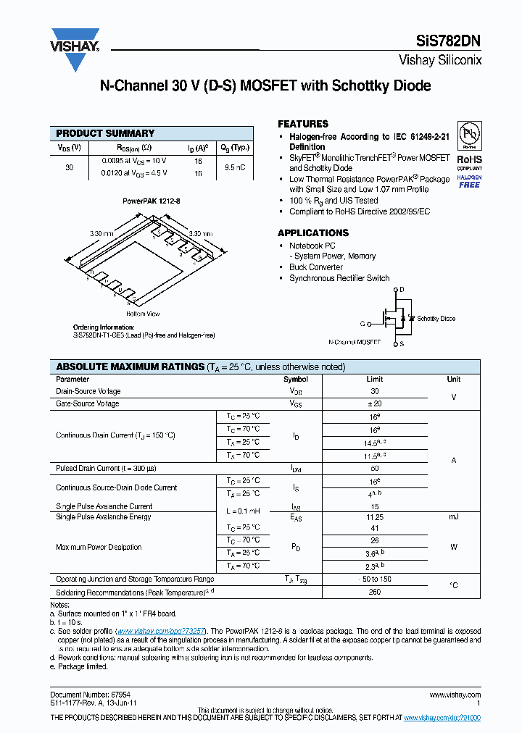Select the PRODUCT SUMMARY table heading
pyautogui.click(x=105, y=133)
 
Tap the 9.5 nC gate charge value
pyautogui.click(x=233, y=167)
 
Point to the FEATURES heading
pyautogui.click(x=303, y=124)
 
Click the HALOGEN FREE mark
pyautogui.click(x=470, y=182)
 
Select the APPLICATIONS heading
pyautogui.click(x=313, y=233)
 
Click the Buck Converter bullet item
pyautogui.click(x=316, y=267)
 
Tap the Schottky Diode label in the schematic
pyautogui.click(x=436, y=319)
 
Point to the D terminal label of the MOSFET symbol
pyautogui.click(x=402, y=289)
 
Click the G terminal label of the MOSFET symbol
pyautogui.click(x=362, y=324)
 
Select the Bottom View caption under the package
pyautogui.click(x=143, y=314)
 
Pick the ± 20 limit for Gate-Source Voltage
pyautogui.click(x=375, y=403)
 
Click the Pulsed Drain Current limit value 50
pyautogui.click(x=375, y=468)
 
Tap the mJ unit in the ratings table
pyautogui.click(x=453, y=517)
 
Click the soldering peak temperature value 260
pyautogui.click(x=375, y=592)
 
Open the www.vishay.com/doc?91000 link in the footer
pyautogui.click(x=442, y=717)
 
